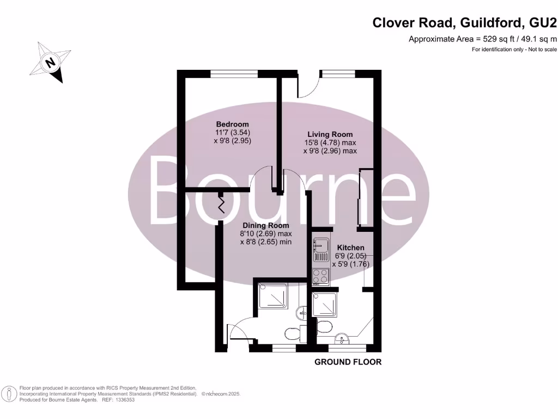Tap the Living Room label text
(330, 134)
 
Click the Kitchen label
(351, 248)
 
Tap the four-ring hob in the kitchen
(319, 277)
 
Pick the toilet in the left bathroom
(292, 333)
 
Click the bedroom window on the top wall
(234, 74)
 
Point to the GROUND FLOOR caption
(348, 362)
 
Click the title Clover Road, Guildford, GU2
(464, 23)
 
